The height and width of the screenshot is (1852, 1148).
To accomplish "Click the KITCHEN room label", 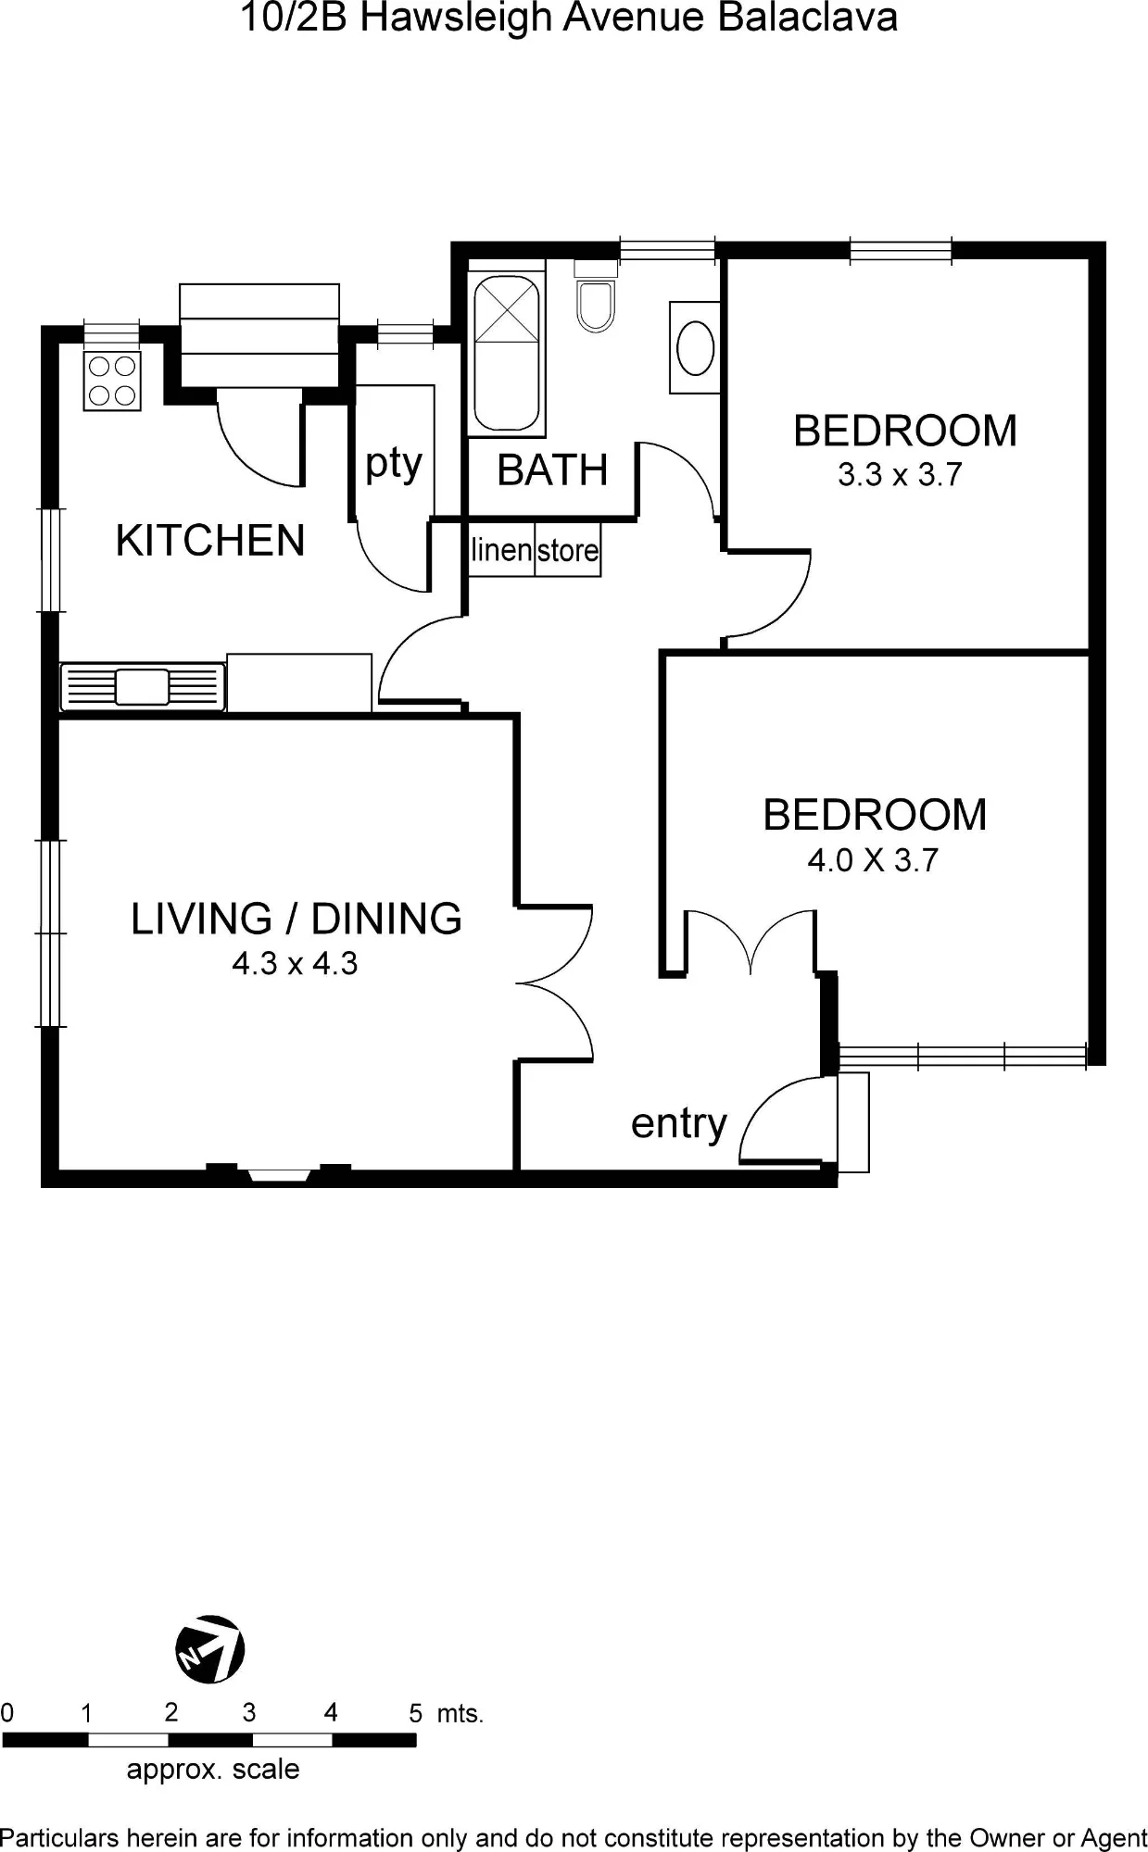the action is point(210,540).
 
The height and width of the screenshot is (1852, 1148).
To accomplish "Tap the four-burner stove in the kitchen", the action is point(112,381).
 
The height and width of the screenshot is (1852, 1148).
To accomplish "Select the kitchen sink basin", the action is point(142,686).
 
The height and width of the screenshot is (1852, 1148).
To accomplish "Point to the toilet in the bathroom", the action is point(595,296).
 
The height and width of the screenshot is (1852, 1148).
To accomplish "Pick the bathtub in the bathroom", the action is point(506,353).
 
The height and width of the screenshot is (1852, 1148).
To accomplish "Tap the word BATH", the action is point(552,470).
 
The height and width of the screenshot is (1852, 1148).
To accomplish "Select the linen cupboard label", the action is point(501,549).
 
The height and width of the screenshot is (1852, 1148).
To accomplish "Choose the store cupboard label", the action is point(568,551).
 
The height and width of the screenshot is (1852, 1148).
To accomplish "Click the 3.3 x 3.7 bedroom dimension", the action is point(900,475).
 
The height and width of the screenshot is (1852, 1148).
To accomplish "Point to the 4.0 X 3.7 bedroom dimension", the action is point(873,860).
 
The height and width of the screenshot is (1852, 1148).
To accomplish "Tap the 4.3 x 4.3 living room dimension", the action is point(295,964).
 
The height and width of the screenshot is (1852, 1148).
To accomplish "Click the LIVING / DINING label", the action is point(296,919).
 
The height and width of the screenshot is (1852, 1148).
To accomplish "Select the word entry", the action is point(679,1125).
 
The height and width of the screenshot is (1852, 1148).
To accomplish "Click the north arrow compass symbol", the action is point(210,1649).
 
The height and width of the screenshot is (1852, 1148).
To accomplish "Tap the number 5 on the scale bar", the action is point(416,1713).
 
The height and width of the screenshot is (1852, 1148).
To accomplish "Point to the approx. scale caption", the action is point(213,1770).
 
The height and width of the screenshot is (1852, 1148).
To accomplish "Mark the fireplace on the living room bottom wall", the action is point(279,1173).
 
